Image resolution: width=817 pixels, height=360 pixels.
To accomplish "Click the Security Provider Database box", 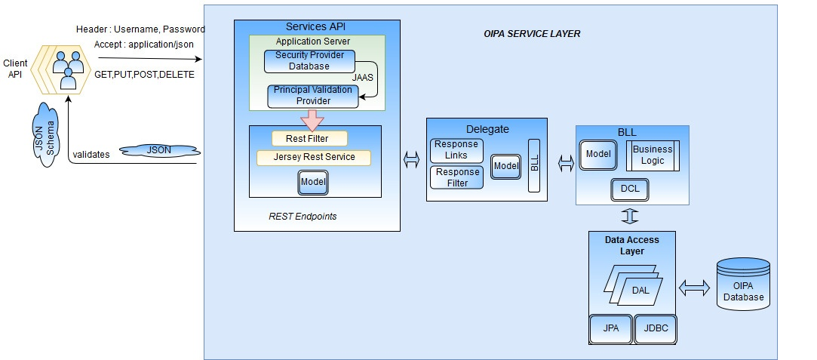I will (309, 61).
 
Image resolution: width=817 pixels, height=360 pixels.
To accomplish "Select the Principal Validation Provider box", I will (312, 95).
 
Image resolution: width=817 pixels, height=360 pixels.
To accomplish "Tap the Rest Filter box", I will (310, 138).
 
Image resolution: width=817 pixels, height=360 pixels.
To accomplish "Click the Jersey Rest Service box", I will (315, 157).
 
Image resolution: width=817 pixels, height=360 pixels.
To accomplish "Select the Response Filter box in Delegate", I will (457, 177).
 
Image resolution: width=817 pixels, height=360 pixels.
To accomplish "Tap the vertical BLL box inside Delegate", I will (534, 165).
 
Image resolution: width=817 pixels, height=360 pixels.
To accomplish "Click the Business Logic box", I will (653, 155).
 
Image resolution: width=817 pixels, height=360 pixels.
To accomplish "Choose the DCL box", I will (630, 189).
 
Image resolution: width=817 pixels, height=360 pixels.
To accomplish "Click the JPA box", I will (610, 329).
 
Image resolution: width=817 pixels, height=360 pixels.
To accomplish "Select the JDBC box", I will (655, 329).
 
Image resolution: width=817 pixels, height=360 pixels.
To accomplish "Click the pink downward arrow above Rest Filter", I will (310, 120).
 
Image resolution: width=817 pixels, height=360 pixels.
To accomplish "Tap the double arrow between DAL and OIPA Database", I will (694, 288).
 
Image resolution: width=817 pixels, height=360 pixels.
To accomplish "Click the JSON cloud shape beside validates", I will (158, 150).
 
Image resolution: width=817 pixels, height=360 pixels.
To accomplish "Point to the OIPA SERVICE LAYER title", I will (531, 35).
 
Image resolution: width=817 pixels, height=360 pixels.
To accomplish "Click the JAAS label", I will (362, 78).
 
